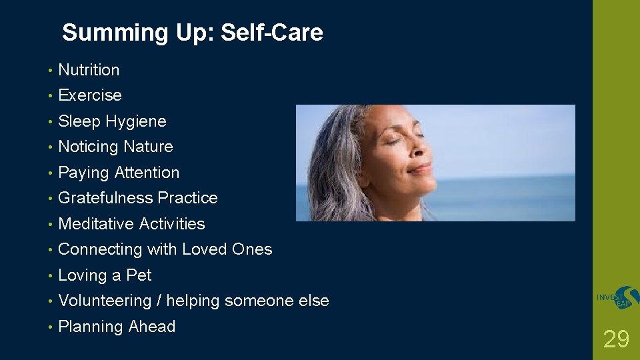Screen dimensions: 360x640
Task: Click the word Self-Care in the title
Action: [271, 33]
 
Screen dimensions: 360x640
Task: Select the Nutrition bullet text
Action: [89, 70]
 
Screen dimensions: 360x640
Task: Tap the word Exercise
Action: [90, 95]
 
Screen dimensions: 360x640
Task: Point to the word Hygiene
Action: [135, 121]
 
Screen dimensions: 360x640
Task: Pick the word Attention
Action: [147, 173]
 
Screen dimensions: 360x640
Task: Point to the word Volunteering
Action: [105, 301]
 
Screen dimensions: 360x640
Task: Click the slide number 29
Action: [616, 339]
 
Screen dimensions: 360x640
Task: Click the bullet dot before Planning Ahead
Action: [50, 327]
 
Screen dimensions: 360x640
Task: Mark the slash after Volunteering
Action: [159, 301]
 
